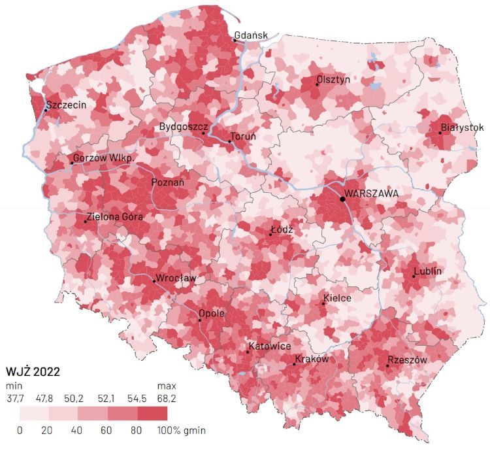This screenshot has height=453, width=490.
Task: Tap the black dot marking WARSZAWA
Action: (342, 198)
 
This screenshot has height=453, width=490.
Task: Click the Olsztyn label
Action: (334, 79)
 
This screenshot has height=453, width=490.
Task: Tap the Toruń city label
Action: (242, 136)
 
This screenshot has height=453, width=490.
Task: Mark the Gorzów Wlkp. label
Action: (104, 158)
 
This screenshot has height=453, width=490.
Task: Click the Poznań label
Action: (168, 182)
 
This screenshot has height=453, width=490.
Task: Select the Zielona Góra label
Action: (115, 217)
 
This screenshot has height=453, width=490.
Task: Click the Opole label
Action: (212, 313)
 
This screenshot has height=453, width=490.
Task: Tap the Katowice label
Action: (269, 346)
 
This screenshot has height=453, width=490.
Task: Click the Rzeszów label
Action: (407, 360)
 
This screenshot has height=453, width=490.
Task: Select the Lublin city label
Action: (428, 271)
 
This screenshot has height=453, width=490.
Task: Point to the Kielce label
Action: (337, 298)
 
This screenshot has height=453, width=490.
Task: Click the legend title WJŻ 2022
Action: (33, 372)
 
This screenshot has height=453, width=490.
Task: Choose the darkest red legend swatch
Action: (152, 413)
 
